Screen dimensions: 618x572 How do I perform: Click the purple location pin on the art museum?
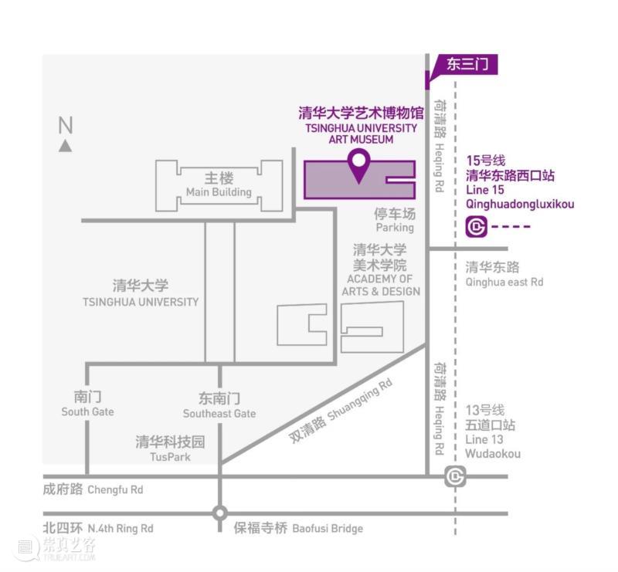point(358,164)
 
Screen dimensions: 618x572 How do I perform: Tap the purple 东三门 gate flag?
point(465,65)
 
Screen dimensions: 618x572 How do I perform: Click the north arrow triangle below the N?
point(66,146)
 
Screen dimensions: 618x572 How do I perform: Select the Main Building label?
point(219,192)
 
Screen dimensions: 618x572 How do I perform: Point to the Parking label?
point(395,228)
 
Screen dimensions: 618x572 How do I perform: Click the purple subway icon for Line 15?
point(476,226)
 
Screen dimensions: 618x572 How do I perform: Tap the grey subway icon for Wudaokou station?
point(455,476)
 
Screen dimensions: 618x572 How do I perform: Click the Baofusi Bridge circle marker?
point(220,513)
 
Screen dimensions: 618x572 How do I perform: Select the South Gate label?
point(87,411)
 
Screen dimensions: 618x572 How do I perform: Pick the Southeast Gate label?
point(219,414)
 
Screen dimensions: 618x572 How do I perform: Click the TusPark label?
point(170,457)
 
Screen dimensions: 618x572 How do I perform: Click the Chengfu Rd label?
point(115,489)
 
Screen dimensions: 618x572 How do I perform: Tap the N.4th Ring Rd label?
point(121,528)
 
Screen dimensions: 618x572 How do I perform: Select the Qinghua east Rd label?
point(504,282)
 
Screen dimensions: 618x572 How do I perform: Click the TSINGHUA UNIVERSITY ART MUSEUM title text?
point(361,134)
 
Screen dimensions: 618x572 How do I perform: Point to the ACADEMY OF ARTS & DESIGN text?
point(381,285)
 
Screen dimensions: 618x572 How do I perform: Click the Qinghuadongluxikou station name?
point(520,204)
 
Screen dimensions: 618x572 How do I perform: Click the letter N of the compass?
point(66,125)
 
